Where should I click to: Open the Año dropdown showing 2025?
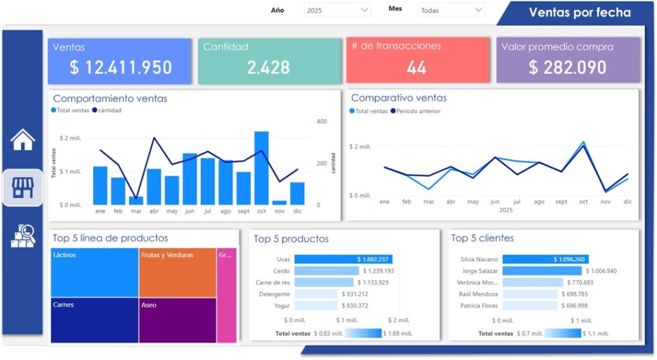pos(337,10)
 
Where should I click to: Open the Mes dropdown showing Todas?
pos(451,10)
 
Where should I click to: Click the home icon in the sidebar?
pos(22,139)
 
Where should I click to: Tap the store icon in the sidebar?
pos(22,187)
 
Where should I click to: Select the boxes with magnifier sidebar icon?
pos(22,236)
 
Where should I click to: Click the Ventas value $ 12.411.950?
pos(121,67)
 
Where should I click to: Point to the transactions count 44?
pos(416,67)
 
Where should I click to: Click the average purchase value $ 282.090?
pos(568,67)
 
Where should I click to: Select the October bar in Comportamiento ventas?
pos(261,168)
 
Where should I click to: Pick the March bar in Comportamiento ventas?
pos(136,201)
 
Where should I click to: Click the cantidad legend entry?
pos(107,110)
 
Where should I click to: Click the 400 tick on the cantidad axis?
pos(321,121)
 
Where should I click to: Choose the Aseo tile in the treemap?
pos(177,320)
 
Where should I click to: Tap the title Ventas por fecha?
pos(579,13)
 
